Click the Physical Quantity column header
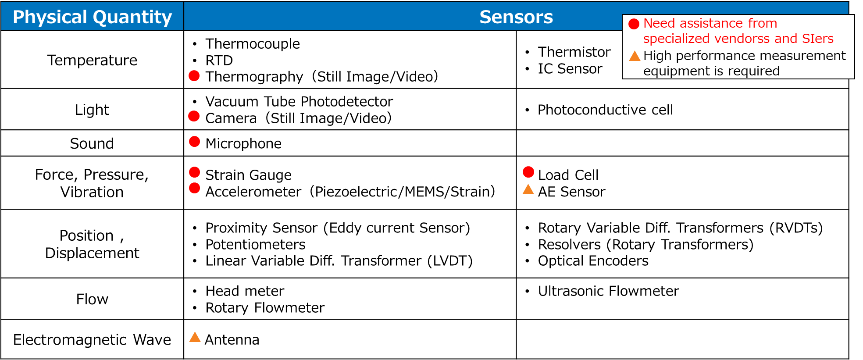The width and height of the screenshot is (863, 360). (x=92, y=17)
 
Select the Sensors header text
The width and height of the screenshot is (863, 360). (x=516, y=17)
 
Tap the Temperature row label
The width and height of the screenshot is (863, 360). (x=92, y=60)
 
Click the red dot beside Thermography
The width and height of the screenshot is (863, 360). (x=194, y=76)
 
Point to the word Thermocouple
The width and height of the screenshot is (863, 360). (x=253, y=44)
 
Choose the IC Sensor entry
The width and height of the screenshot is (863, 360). (x=570, y=69)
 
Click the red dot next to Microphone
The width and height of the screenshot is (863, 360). (x=194, y=142)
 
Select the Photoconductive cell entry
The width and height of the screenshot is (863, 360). (x=605, y=110)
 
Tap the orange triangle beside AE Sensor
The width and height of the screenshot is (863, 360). (x=528, y=190)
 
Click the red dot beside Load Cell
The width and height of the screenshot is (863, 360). (x=528, y=172)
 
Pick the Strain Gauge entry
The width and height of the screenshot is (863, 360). (x=248, y=175)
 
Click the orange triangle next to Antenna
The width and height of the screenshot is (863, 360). (x=195, y=337)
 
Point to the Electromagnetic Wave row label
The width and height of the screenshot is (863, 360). (x=92, y=340)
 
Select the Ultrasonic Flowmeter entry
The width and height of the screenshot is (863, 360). (x=608, y=291)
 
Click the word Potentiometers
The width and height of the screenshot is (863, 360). (x=255, y=244)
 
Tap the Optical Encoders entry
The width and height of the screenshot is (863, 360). (x=593, y=261)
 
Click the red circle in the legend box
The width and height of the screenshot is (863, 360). (x=634, y=24)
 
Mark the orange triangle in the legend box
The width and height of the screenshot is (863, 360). (x=635, y=56)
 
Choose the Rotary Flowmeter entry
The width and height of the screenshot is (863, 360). (x=265, y=308)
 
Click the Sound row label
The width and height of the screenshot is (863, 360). (x=92, y=143)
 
